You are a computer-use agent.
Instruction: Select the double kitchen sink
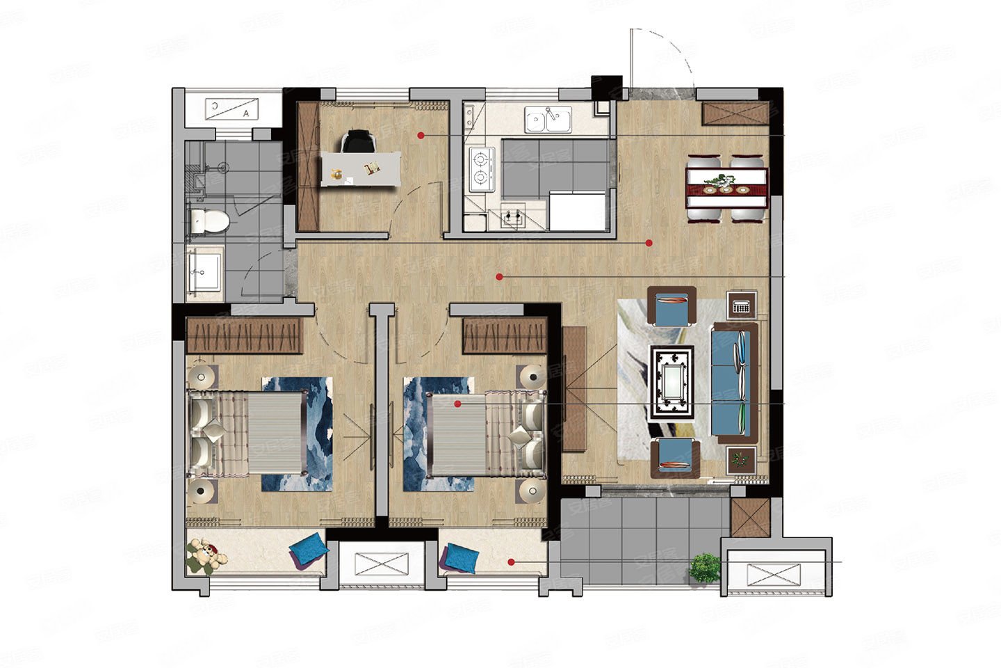pyautogui.click(x=548, y=120)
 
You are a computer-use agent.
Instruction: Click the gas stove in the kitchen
pyautogui.click(x=480, y=170)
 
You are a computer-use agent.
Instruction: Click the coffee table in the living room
pyautogui.click(x=672, y=383)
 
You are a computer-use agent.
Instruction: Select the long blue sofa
pyautogui.click(x=734, y=383)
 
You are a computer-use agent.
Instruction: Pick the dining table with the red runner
pyautogui.click(x=726, y=186)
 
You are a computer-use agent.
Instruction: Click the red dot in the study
pyautogui.click(x=421, y=134)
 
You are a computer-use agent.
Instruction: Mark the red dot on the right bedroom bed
pyautogui.click(x=457, y=404)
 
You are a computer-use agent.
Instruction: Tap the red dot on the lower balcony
pyautogui.click(x=511, y=562)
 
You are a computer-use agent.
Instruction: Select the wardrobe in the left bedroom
pyautogui.click(x=245, y=335)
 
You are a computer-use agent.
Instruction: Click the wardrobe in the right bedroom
pyautogui.click(x=505, y=335)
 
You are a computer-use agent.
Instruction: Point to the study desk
pyautogui.click(x=361, y=169)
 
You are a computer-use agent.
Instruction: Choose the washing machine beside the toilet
pyautogui.click(x=204, y=271)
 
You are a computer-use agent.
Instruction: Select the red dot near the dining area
pyautogui.click(x=649, y=243)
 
